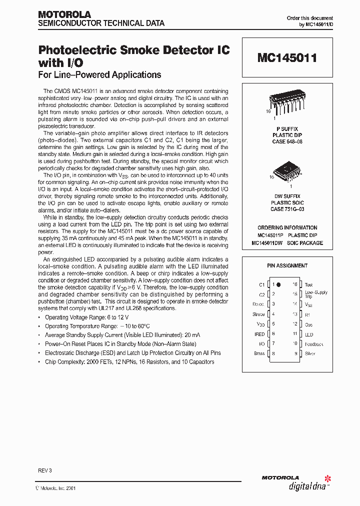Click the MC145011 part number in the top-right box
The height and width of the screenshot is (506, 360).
287,58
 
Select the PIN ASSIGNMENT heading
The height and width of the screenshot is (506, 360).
287,265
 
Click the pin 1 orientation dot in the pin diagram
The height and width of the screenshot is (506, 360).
278,284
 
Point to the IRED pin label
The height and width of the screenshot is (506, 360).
259,334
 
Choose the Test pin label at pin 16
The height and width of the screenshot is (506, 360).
308,284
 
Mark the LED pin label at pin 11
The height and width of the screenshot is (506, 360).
309,334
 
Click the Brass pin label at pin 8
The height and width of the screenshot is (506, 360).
259,353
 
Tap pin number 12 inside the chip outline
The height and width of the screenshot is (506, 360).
295,324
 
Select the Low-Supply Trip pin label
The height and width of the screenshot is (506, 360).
316,294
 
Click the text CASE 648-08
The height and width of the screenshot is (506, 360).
287,141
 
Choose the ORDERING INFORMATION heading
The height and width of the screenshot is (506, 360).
287,227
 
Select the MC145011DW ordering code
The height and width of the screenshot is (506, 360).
269,243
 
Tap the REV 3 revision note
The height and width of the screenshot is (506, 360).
44,470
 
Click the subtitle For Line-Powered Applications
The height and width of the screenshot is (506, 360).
100,75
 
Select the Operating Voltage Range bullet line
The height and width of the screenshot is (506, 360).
86,317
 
